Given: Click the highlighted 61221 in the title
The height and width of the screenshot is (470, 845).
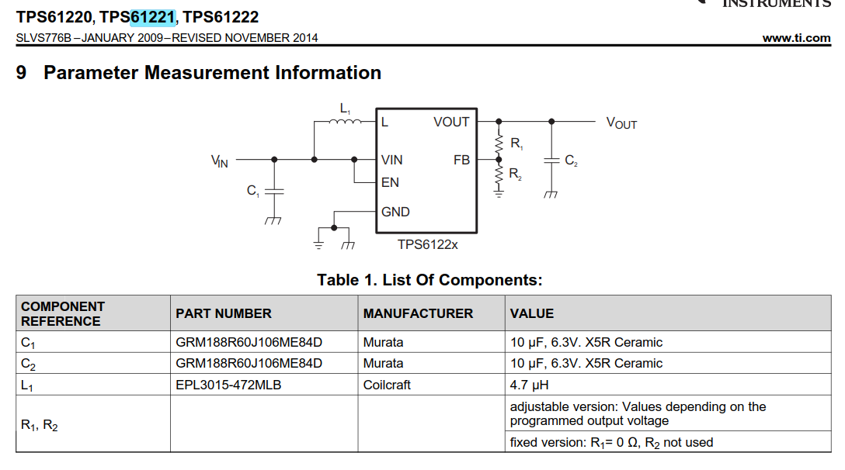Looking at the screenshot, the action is (153, 17).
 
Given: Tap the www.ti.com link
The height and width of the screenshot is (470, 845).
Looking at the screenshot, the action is (797, 38).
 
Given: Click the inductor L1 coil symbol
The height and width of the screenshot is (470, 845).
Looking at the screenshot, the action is (345, 122).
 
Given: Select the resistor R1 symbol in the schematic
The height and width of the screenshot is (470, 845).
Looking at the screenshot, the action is (499, 143).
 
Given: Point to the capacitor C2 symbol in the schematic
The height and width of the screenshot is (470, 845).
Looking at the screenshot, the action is (551, 161).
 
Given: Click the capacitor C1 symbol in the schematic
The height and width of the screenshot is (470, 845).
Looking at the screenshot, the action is (274, 191).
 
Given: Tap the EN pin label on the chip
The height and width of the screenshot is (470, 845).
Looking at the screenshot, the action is (390, 182).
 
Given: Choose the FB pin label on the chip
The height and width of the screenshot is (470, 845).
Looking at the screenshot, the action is (462, 160).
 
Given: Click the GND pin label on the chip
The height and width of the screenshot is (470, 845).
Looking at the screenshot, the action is (395, 212).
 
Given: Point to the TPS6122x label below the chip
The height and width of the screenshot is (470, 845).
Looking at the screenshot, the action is (428, 244).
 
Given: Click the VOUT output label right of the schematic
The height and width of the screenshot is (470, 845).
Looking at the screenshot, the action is (622, 123).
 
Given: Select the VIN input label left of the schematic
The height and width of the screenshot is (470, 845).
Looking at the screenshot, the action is (219, 161).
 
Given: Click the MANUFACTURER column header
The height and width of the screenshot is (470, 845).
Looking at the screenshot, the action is (418, 313).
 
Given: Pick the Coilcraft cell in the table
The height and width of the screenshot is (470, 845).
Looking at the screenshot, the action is (387, 385).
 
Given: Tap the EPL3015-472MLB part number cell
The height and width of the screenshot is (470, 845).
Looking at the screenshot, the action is (228, 385).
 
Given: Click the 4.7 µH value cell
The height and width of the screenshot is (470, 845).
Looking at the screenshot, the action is (529, 385).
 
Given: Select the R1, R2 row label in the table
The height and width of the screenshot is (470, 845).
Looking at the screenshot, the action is (40, 425).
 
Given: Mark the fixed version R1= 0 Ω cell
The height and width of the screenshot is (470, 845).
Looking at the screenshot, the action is (612, 443).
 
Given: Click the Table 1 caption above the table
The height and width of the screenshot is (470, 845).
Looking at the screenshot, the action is (429, 280).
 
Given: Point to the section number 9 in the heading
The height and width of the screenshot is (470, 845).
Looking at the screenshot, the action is (21, 73).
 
